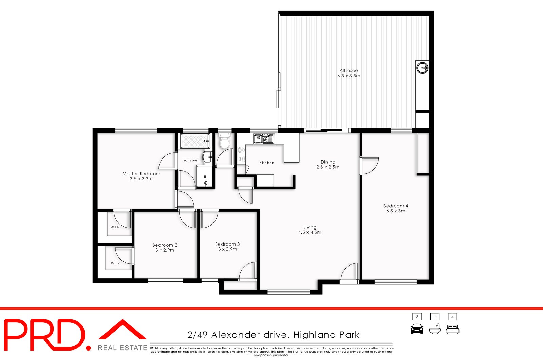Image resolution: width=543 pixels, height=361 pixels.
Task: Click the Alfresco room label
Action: point(349,71)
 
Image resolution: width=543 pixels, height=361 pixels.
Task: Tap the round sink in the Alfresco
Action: point(423,68)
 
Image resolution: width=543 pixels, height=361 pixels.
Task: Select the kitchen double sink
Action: point(264,139)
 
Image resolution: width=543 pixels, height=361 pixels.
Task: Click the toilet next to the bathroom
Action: point(225,142)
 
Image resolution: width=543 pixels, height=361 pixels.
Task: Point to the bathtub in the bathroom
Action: point(195,141)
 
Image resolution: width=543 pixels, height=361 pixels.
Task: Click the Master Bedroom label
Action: point(141,174)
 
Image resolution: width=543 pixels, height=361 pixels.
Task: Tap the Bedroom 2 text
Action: point(165,245)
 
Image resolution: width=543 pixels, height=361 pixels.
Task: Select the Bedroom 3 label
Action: point(227,244)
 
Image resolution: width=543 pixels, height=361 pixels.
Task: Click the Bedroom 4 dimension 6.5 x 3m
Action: point(395,211)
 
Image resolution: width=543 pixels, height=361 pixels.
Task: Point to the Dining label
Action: point(328,162)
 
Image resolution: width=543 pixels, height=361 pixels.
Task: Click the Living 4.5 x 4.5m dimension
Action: point(310,232)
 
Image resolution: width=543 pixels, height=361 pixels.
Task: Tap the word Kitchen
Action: point(267,163)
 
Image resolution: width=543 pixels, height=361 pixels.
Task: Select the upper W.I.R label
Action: point(115,227)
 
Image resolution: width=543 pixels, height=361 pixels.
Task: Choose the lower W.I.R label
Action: point(115,263)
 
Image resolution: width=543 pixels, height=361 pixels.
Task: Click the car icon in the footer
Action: point(417,329)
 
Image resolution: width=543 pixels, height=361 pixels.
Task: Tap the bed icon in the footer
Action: point(452,329)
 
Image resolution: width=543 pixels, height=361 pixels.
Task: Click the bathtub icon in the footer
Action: point(434,329)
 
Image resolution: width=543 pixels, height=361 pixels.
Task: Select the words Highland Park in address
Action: point(326,335)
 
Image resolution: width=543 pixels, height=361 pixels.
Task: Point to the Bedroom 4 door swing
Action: point(370,166)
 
